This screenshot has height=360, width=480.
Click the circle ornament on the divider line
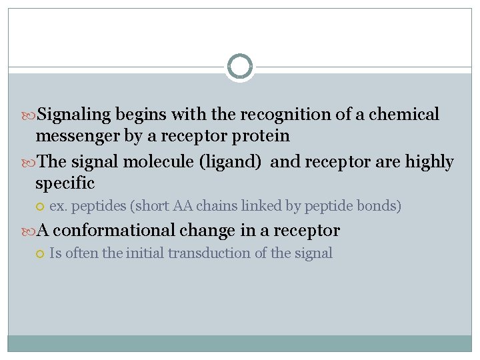point(239,67)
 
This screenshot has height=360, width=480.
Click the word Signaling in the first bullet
point(74,115)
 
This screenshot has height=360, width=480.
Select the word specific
point(65,183)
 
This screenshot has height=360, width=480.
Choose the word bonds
point(381,206)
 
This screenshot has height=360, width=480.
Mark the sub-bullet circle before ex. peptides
point(41,207)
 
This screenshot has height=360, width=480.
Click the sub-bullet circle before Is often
point(41,254)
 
